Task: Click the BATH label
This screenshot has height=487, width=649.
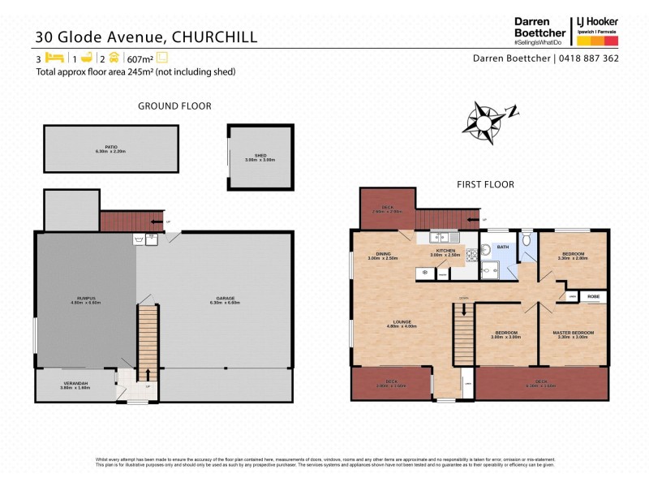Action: (x=503, y=247)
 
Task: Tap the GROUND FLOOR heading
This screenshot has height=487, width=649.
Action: (x=174, y=106)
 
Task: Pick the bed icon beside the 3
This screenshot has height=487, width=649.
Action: (x=55, y=58)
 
